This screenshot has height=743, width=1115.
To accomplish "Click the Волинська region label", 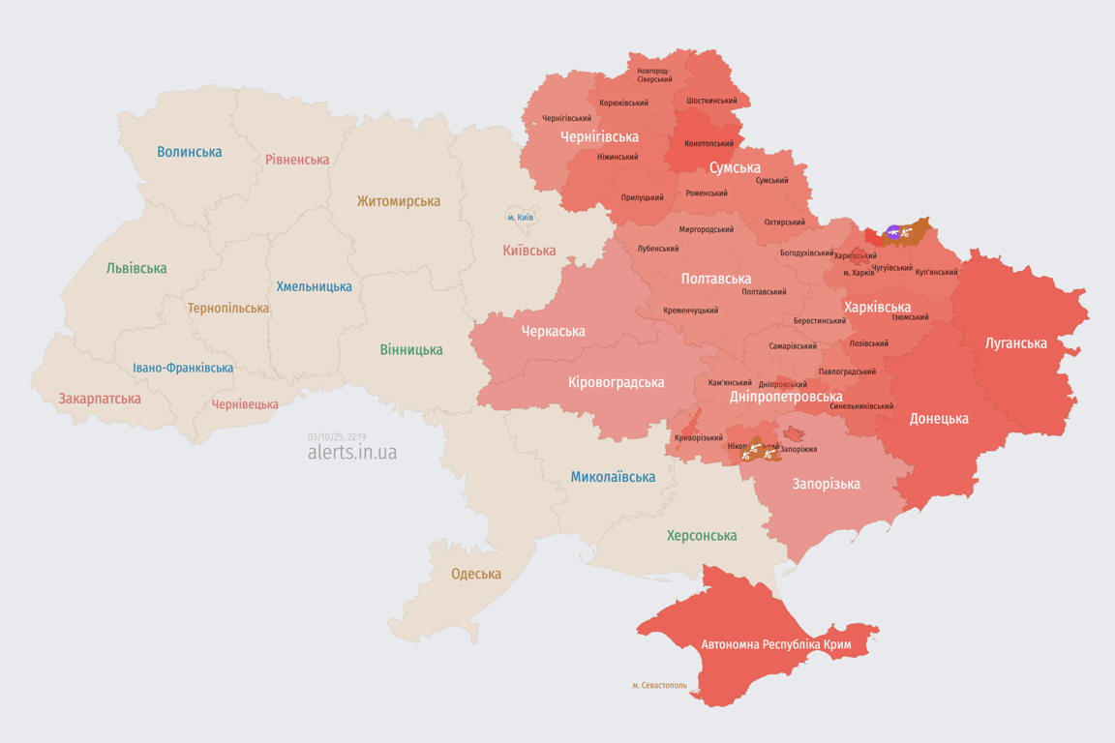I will (190, 152).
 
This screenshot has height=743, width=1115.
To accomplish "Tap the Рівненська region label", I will (297, 160).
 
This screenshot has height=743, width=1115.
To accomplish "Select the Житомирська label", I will (398, 201).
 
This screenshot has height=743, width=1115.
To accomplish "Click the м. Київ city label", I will (520, 218).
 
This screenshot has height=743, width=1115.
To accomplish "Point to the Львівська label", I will (136, 268).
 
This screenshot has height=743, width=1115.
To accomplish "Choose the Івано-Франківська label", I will (183, 368).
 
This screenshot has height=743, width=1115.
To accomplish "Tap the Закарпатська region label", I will (100, 399).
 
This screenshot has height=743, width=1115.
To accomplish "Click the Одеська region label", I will (476, 574).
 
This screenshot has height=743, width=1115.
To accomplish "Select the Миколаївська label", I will (613, 477).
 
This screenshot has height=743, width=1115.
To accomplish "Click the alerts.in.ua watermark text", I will (351, 453).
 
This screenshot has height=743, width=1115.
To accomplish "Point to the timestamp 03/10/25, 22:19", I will (337, 436).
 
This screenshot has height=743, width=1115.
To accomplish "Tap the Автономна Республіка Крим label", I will (775, 643).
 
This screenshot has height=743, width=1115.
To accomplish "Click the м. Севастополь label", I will (659, 685).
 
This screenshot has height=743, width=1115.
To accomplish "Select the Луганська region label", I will (1015, 342).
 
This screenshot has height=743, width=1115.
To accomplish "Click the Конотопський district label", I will (708, 143).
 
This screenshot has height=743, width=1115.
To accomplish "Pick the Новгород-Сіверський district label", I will (654, 74).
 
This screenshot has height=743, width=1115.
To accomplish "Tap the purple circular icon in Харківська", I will (893, 232).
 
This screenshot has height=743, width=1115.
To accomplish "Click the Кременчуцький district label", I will (690, 311).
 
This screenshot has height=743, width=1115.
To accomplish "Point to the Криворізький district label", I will (699, 437).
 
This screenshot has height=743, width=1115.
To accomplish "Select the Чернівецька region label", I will (245, 404).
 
